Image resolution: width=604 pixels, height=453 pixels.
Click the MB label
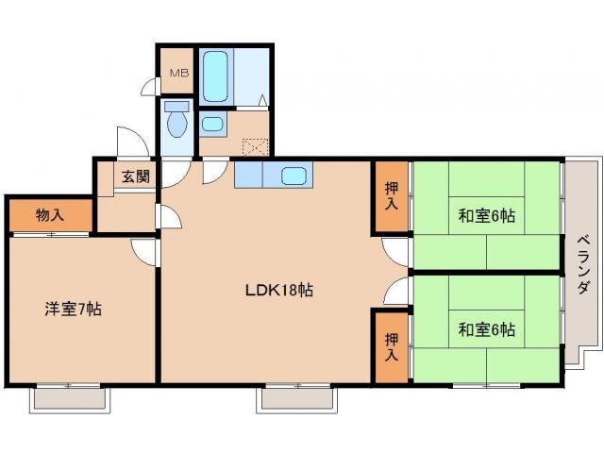pos(178,73)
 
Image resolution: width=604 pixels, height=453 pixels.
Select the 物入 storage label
pos(50,215)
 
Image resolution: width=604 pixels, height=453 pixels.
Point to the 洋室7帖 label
pos(73,308)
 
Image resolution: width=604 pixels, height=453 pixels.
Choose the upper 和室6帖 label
pos(486,215)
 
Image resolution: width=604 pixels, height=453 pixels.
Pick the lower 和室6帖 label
pos(486,329)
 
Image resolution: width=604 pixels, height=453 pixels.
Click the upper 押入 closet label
pos(391,195)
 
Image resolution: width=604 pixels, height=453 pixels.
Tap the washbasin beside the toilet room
pos(211,124)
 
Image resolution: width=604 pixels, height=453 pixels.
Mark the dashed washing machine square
pos(256,146)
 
